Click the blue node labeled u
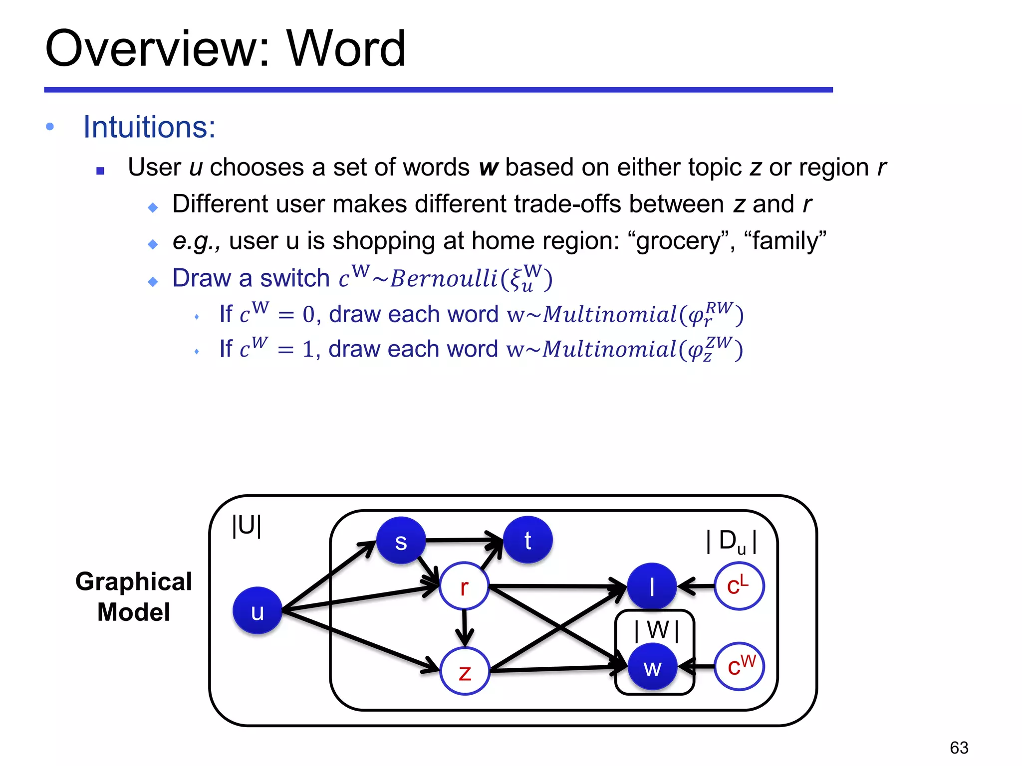(257, 610)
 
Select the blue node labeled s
(401, 541)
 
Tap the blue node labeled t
(528, 540)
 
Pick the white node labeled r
(464, 586)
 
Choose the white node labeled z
(465, 671)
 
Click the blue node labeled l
(652, 586)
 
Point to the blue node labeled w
(652, 667)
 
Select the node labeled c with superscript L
(739, 586)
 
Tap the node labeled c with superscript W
(740, 666)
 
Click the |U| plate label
(247, 526)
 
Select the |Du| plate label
(732, 542)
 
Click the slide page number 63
(959, 748)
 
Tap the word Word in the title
(346, 48)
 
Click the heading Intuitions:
(149, 127)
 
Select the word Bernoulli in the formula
(444, 278)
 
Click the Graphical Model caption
(134, 596)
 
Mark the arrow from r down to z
(465, 627)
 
